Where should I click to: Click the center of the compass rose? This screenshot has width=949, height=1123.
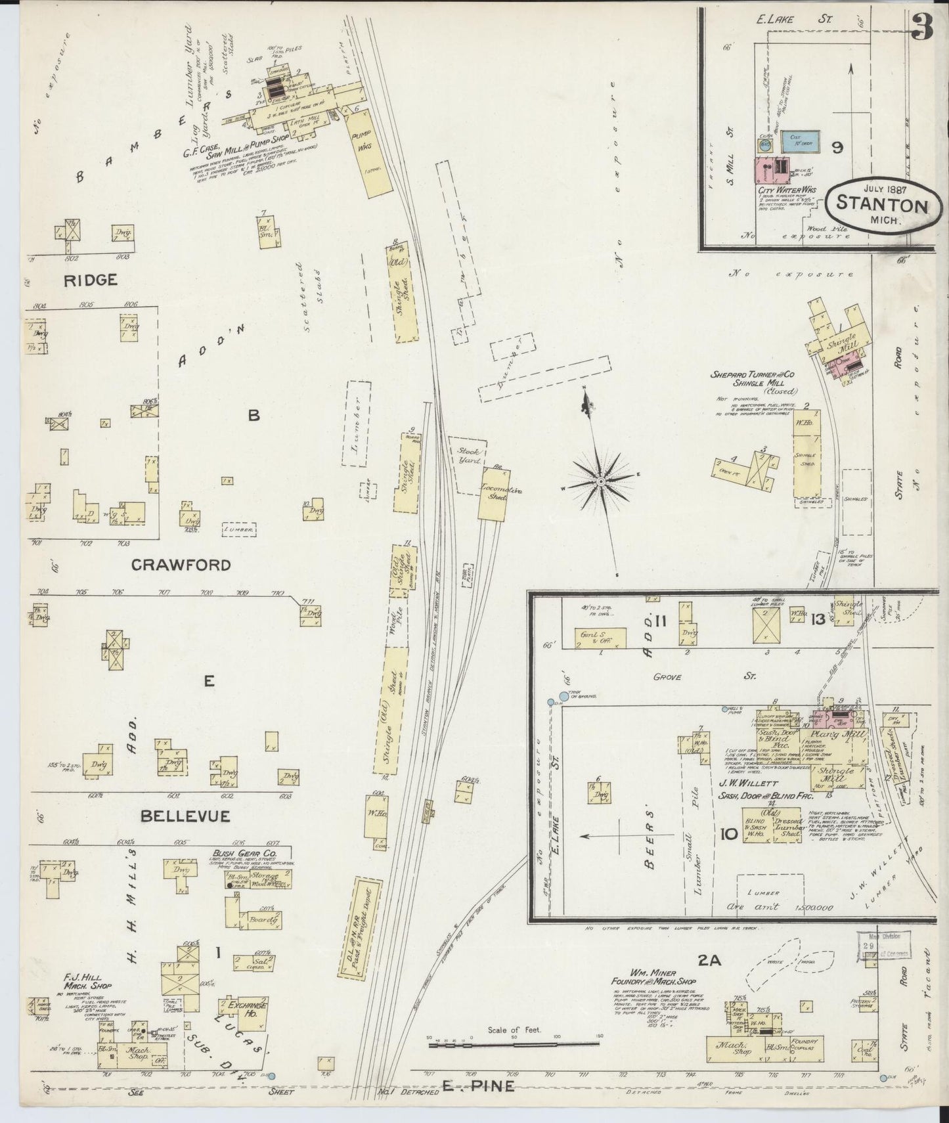click(600, 481)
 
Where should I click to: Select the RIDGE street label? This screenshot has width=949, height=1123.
click(91, 280)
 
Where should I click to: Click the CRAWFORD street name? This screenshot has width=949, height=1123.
click(181, 565)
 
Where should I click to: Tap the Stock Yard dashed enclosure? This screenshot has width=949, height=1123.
click(468, 456)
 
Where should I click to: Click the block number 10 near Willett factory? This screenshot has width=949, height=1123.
click(728, 835)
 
